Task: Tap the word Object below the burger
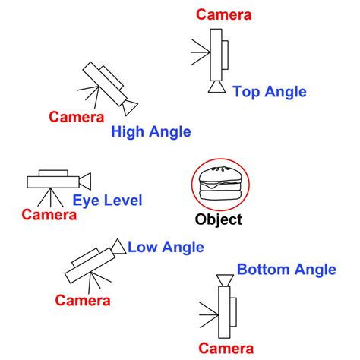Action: pyautogui.click(x=219, y=220)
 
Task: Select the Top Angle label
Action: pyautogui.click(x=270, y=92)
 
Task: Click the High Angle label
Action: pyautogui.click(x=151, y=132)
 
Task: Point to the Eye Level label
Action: pyautogui.click(x=107, y=201)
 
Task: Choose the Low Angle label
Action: pyautogui.click(x=166, y=247)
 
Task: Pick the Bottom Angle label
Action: pyautogui.click(x=286, y=270)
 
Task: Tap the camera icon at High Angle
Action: pyautogui.click(x=109, y=85)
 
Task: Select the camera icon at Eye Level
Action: pyautogui.click(x=57, y=181)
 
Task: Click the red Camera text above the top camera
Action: pyautogui.click(x=223, y=14)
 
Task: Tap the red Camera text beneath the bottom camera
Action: pyautogui.click(x=226, y=348)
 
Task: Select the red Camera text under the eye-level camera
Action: pyautogui.click(x=49, y=215)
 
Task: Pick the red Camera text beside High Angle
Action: pyautogui.click(x=76, y=117)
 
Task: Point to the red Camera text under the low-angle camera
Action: pyautogui.click(x=83, y=300)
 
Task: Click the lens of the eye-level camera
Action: pyautogui.click(x=85, y=181)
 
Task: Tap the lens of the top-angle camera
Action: pyautogui.click(x=216, y=87)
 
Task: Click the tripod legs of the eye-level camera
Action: pyautogui.click(x=52, y=197)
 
